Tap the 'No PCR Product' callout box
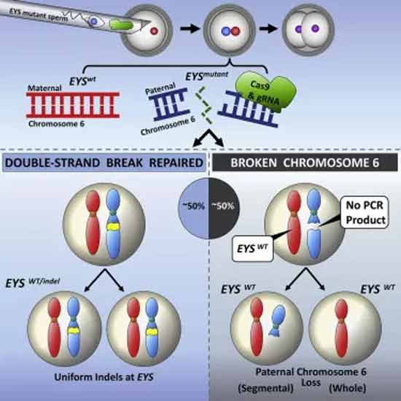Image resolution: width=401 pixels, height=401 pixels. [x=365, y=212]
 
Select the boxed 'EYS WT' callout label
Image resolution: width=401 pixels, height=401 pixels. [x=252, y=249]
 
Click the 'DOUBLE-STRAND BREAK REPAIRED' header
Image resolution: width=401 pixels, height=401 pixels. [x=104, y=163]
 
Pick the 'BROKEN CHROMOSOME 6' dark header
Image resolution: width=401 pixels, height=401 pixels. [x=305, y=163]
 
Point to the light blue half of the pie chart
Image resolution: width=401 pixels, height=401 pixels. [x=194, y=209]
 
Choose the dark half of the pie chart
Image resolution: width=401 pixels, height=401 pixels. [x=225, y=209]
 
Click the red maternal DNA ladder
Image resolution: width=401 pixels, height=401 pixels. [x=73, y=105]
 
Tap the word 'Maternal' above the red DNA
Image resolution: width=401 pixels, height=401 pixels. [x=44, y=88]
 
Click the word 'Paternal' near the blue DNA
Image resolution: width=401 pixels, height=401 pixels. [x=160, y=88]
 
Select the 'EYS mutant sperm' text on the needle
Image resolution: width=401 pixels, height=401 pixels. [x=39, y=15]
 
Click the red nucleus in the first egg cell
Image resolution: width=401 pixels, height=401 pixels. [x=155, y=31]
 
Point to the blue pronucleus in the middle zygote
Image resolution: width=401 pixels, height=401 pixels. [x=226, y=31]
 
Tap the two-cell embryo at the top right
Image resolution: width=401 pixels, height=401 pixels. [x=308, y=30]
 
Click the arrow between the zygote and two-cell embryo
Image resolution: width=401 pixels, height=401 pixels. [x=268, y=28]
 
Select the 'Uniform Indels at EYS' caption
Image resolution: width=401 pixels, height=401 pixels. [x=104, y=377]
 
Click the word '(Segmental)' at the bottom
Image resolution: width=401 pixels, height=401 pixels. [x=265, y=388]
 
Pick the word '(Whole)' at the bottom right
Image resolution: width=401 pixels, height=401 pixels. [x=347, y=388]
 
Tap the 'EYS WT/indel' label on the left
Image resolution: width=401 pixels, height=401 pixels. [x=33, y=283]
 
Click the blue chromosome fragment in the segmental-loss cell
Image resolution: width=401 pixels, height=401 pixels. [x=277, y=320]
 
